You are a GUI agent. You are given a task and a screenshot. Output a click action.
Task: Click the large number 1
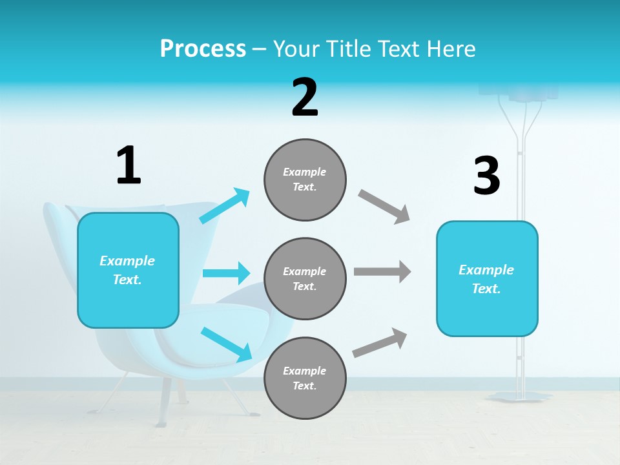point(129,166)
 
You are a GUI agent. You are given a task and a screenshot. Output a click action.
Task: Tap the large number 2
point(305,98)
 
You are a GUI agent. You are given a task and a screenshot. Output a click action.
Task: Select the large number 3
point(487,176)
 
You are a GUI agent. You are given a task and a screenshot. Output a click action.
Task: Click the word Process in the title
point(203,48)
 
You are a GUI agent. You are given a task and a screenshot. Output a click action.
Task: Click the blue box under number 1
point(128,270)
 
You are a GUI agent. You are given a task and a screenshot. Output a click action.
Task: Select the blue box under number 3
point(487,278)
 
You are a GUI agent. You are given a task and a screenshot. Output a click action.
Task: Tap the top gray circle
point(305,180)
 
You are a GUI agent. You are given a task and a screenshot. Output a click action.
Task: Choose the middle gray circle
point(305,278)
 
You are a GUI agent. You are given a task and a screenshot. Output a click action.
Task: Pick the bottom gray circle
point(305,378)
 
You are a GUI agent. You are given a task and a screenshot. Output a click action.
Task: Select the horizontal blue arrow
point(226,273)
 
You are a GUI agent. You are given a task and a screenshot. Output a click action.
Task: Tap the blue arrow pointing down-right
point(227,344)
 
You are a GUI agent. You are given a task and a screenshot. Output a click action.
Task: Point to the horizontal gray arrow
point(382,271)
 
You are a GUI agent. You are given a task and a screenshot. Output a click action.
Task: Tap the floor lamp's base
point(521,396)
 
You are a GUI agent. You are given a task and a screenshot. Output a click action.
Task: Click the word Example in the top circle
point(305,172)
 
